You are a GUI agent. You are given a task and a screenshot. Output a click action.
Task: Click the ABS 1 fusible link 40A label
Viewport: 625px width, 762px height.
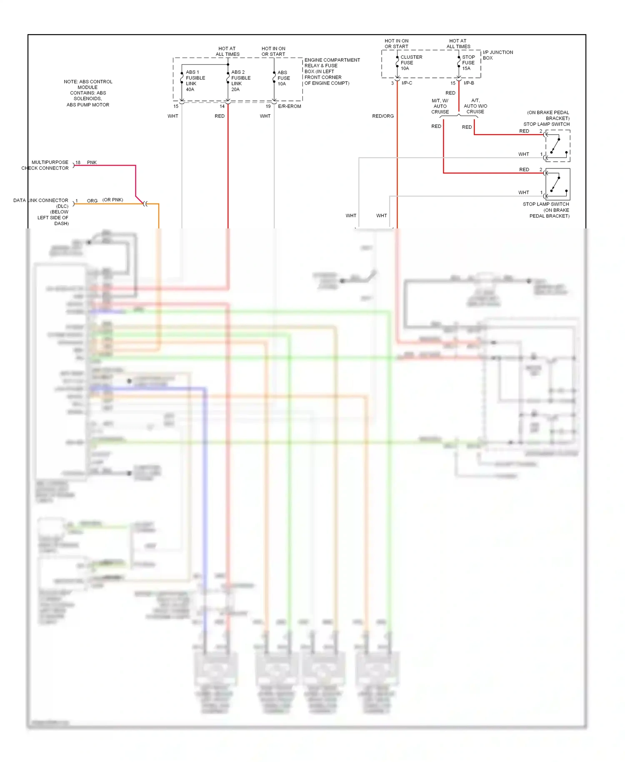point(195,81)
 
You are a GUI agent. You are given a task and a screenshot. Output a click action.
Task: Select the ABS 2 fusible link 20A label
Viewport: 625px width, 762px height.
point(240,81)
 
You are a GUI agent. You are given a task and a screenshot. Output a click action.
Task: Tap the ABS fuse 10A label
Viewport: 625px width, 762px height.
point(283,78)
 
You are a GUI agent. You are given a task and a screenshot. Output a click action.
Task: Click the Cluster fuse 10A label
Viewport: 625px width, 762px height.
point(410,63)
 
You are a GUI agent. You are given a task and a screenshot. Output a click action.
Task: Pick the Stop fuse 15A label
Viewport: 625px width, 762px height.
point(468,63)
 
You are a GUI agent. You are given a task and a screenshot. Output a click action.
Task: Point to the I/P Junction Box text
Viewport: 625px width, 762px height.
point(497,55)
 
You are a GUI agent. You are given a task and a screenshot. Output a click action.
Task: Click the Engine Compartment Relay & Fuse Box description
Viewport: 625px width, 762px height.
point(332,72)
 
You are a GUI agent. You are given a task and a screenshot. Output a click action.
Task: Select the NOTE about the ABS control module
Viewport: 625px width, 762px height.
point(88,93)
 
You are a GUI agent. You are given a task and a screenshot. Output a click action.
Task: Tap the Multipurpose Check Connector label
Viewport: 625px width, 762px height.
point(45,165)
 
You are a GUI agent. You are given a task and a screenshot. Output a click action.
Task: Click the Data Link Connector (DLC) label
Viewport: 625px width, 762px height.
point(41,212)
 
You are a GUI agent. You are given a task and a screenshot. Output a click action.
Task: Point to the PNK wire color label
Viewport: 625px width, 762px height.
point(92,163)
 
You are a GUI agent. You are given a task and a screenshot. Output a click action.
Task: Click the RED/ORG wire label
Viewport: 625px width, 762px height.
point(382,116)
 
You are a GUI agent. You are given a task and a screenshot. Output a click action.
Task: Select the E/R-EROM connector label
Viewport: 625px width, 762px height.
point(289,106)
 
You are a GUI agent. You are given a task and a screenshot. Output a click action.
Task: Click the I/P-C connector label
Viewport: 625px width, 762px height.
point(407,83)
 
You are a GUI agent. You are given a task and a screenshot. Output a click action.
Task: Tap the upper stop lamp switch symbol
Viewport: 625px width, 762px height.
point(557,146)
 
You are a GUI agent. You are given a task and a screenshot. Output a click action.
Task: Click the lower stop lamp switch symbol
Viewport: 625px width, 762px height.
point(557,184)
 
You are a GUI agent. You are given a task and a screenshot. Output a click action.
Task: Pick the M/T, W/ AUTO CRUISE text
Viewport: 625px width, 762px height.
point(440,106)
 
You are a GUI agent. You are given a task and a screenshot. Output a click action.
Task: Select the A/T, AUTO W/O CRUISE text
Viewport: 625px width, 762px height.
point(475,106)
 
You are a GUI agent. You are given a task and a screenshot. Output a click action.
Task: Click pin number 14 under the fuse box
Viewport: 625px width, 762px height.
point(222,106)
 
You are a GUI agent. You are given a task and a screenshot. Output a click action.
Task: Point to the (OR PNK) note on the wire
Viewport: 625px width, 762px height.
point(112,200)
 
